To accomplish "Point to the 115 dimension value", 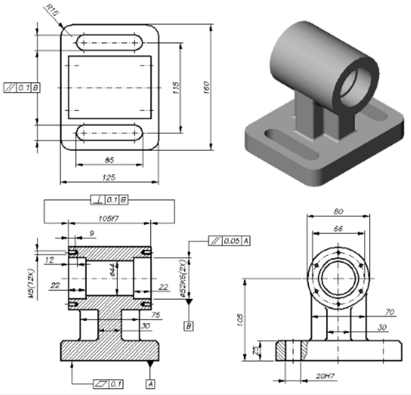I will point(175,89).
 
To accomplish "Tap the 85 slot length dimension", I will point(109,159).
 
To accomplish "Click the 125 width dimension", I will point(109,178).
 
